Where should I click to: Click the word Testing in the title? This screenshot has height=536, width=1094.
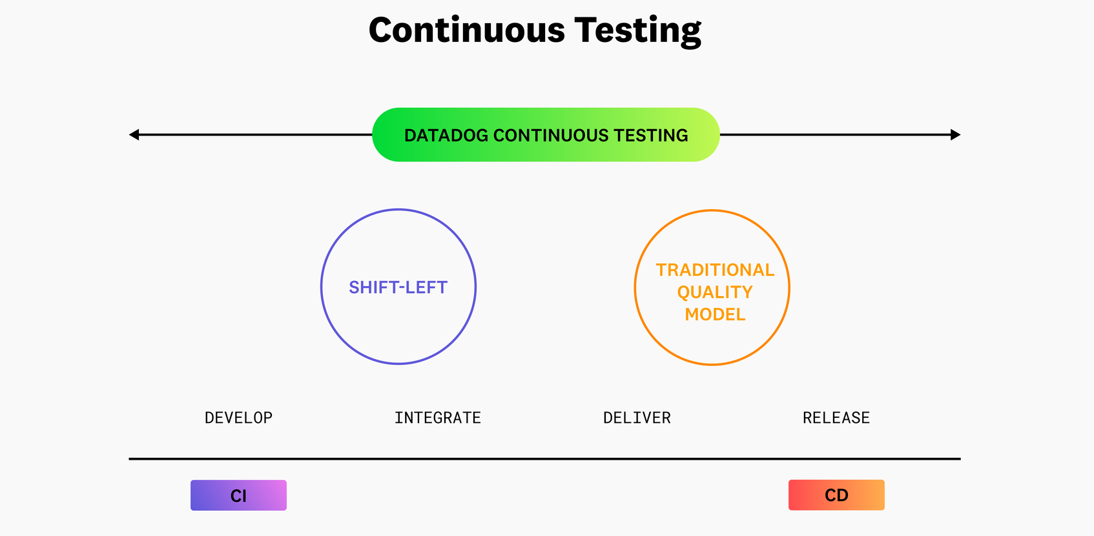637,30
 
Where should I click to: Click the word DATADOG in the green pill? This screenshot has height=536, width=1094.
446,136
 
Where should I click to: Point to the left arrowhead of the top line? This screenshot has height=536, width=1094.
134,135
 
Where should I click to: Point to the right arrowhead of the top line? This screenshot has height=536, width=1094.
956,135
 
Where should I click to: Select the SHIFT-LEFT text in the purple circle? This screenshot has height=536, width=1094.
398,287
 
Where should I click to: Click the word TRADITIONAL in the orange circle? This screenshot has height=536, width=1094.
715,270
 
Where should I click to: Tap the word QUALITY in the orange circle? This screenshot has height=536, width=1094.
715,293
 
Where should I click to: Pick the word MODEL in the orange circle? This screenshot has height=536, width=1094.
715,314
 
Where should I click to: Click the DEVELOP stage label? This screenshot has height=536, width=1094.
238,418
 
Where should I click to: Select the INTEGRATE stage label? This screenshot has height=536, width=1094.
438,418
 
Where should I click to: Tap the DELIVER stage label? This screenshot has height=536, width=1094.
637,418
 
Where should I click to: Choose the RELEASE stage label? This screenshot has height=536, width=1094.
836,418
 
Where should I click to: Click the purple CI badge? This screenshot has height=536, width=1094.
238,495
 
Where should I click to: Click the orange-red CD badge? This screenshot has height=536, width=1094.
836,495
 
